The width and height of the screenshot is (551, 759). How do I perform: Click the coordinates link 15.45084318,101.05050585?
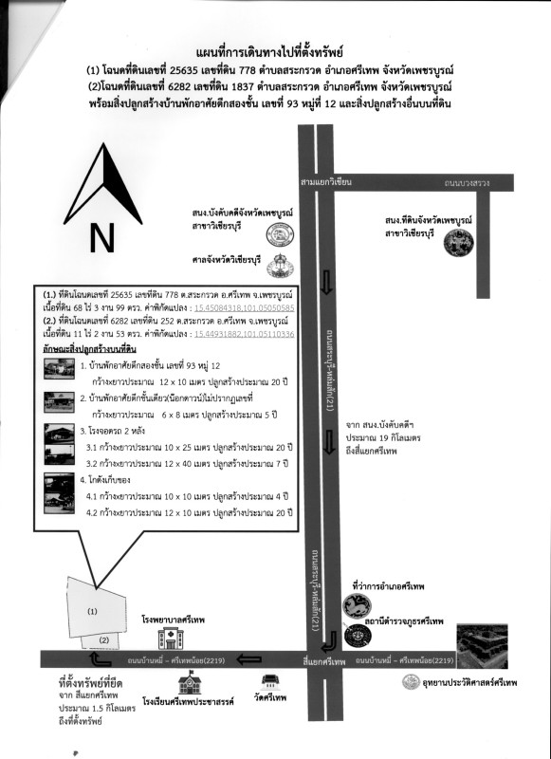(x=244, y=308)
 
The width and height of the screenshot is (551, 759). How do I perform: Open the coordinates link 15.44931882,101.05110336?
(x=244, y=334)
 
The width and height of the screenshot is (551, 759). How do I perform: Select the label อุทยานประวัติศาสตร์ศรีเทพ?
(x=471, y=683)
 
